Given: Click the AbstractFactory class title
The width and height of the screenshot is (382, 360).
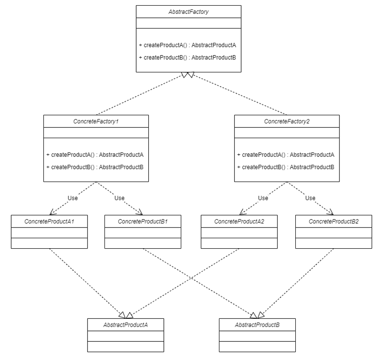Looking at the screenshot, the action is coord(188,12).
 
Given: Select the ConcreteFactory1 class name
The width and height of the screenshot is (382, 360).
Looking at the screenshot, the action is coord(96,121).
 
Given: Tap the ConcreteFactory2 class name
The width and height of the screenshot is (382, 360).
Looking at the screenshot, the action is coord(287,121).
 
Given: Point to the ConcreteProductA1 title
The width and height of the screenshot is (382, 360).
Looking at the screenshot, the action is coord(49,221).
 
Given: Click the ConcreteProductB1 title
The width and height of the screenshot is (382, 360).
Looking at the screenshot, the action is coord(143,221).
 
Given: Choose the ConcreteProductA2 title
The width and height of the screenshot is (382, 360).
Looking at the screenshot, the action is coord(239,221).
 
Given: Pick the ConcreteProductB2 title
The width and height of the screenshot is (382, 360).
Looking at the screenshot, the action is coord(333,221).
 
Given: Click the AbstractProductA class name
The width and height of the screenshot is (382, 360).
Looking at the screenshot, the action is coord(125,325).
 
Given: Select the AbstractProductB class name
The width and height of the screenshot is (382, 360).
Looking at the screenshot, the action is coord(257,325).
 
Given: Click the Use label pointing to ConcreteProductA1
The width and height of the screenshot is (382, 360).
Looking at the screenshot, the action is coord(72,198).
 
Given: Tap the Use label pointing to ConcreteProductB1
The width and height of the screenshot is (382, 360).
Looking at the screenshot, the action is coord(119,198).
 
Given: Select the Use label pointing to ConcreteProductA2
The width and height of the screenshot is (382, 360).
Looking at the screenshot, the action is coord(263,198).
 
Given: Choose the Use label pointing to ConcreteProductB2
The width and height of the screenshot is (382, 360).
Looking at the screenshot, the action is coord(310,198).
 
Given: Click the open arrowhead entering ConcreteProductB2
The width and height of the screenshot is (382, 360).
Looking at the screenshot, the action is coord(331,212).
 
